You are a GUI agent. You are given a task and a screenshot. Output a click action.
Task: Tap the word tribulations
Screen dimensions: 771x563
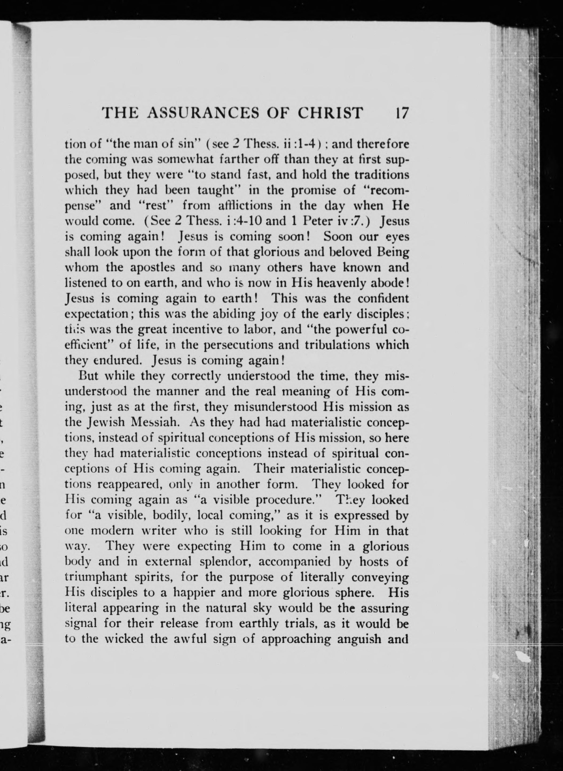coord(336,345)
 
